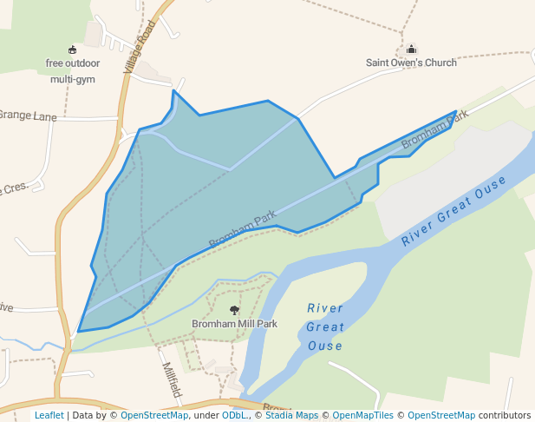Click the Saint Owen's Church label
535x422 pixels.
tap(411, 63)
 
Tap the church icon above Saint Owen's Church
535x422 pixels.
tap(411, 49)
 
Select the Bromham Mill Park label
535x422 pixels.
tap(234, 324)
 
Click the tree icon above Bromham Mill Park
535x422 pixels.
tap(234, 310)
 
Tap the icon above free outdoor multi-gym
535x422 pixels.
tap(72, 49)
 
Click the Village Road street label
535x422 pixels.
tap(140, 50)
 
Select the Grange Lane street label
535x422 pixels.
tap(25, 115)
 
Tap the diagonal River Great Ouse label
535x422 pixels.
tap(453, 211)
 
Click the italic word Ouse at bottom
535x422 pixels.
tap(324, 346)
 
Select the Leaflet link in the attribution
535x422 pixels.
tap(49, 416)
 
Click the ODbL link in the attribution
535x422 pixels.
tap(234, 416)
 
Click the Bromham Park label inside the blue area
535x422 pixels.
tap(241, 231)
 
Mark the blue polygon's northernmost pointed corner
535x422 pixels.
tap(173, 90)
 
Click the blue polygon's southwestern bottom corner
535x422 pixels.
tap(79, 331)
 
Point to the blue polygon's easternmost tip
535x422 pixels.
tap(456, 112)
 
